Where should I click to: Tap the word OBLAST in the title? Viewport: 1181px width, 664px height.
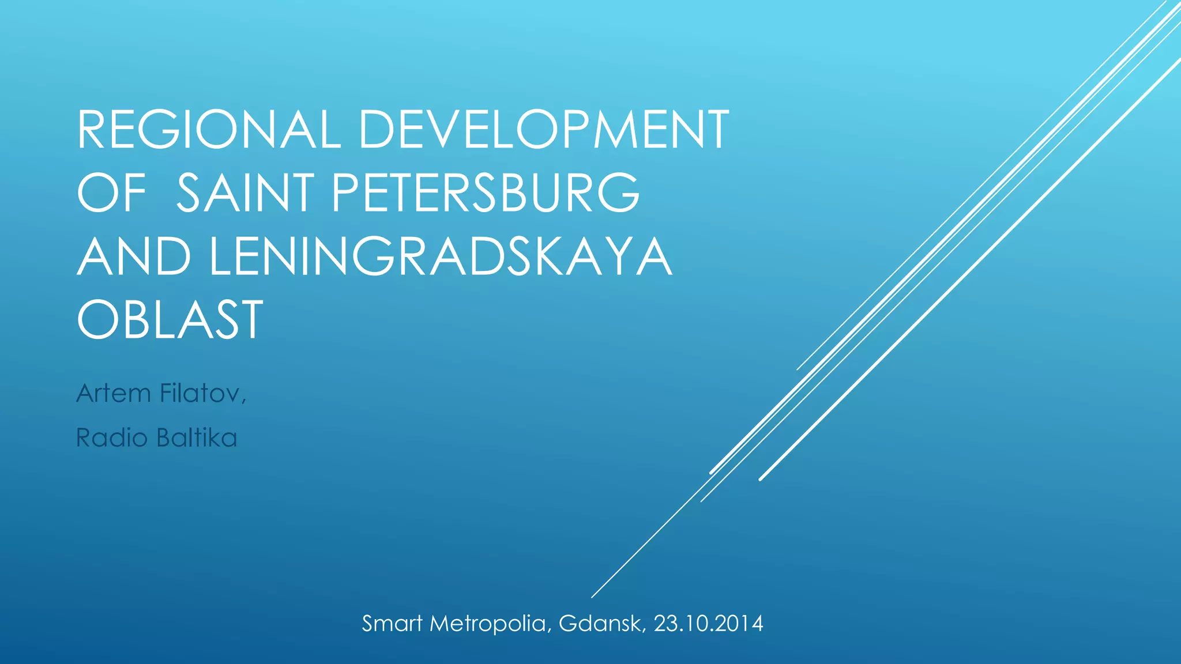(x=170, y=320)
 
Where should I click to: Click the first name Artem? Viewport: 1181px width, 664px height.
(x=113, y=393)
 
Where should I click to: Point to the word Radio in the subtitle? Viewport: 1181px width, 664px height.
(x=112, y=438)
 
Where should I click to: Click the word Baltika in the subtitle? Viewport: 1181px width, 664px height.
(x=197, y=438)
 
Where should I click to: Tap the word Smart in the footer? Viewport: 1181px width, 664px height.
(x=392, y=624)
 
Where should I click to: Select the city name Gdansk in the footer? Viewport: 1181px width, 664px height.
(x=600, y=624)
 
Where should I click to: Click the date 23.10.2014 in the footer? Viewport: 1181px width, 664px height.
(x=708, y=624)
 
